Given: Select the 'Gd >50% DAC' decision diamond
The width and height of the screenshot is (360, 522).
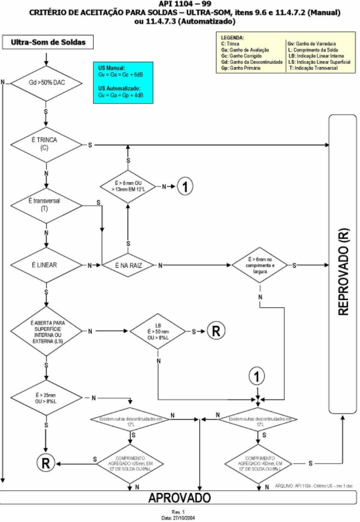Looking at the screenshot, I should tap(45, 84).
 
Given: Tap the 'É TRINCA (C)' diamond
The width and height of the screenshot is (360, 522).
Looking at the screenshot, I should tap(46, 145).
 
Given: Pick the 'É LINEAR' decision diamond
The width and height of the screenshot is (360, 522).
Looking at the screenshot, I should tap(46, 265).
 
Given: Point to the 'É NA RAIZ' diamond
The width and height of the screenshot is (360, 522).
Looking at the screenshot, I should tap(128, 265).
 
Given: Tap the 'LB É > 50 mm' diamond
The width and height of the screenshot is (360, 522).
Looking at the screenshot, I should tap(158, 331).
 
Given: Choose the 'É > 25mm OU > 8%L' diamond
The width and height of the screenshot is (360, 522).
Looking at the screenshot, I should tap(46, 398).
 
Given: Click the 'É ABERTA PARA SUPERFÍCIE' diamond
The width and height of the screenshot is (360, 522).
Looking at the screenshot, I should tap(46, 332).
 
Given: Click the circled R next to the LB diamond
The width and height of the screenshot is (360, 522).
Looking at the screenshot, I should tap(215, 331).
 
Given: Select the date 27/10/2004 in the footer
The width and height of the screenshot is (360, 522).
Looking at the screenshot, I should tap(180, 517).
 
